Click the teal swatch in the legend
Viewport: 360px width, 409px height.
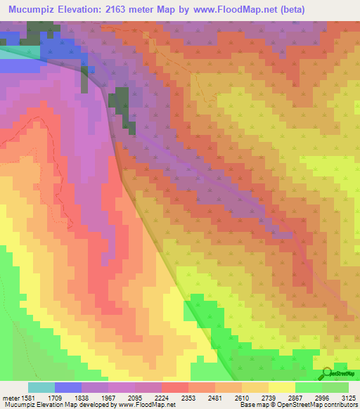pyautogui.click(x=41, y=387)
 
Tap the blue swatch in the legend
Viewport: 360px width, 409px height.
pyautogui.click(x=67, y=387)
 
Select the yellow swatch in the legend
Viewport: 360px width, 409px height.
pyautogui.click(x=281, y=387)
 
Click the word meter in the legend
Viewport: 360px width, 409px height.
pyautogui.click(x=11, y=398)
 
